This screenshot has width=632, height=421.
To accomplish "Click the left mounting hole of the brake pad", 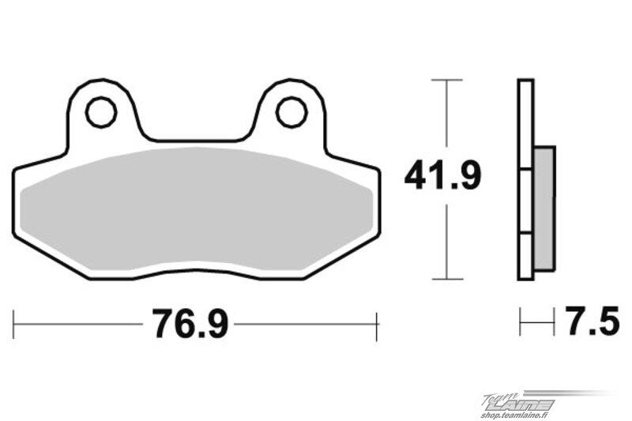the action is click(101, 112).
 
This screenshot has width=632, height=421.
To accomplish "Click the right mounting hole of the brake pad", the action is click(292, 112).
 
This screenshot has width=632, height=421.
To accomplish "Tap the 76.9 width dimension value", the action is click(190, 324).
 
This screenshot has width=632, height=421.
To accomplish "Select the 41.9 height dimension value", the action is click(442, 175).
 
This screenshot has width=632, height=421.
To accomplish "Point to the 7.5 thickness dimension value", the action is click(592, 321).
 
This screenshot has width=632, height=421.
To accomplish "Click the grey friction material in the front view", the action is click(196, 209).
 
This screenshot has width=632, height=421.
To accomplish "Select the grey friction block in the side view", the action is click(544, 209).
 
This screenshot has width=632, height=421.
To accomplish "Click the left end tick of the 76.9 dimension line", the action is click(13, 325).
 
